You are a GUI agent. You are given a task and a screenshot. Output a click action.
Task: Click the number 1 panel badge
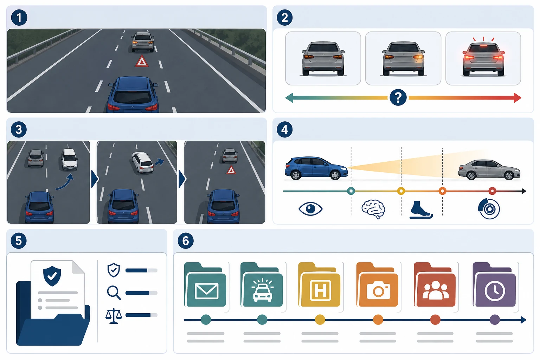(x=19, y=18)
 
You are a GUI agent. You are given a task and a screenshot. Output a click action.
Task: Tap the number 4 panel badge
(x=285, y=129)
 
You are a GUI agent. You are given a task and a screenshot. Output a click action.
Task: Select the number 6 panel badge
(x=185, y=240)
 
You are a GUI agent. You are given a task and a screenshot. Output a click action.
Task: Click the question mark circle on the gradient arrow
(x=398, y=97)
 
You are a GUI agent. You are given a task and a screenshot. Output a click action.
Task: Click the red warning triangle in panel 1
(x=142, y=61)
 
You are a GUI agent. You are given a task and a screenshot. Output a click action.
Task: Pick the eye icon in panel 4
(x=310, y=208)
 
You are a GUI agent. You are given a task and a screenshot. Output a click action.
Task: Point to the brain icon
(x=373, y=209)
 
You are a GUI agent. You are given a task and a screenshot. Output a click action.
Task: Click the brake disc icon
(x=489, y=208)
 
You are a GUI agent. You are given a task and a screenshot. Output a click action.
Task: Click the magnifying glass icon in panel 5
(x=114, y=293)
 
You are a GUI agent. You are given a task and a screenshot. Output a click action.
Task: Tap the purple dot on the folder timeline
(x=495, y=320)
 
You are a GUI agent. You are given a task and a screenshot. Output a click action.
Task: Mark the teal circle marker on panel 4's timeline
(x=351, y=191)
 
